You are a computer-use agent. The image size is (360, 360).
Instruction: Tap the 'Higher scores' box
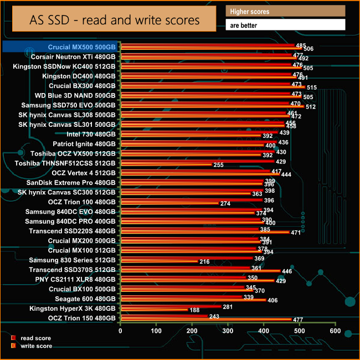(x=285, y=11)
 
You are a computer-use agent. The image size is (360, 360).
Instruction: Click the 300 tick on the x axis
(x=228, y=331)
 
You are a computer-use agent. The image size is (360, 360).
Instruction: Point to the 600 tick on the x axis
(x=335, y=331)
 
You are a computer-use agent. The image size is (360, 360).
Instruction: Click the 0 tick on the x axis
(x=121, y=331)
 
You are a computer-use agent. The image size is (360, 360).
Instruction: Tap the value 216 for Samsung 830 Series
(x=204, y=262)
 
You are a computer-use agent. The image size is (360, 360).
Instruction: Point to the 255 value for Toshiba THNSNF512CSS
(x=219, y=165)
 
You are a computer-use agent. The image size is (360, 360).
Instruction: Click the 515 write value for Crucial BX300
(x=312, y=88)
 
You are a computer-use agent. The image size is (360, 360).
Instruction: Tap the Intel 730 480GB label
(x=91, y=134)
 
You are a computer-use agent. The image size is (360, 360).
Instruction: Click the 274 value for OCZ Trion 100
(x=225, y=204)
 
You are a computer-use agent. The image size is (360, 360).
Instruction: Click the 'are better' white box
(x=285, y=25)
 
